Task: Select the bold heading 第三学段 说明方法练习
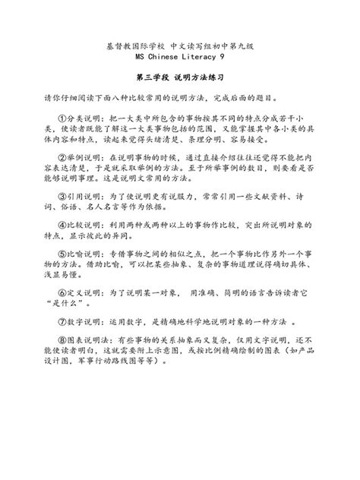[x=180, y=77]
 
